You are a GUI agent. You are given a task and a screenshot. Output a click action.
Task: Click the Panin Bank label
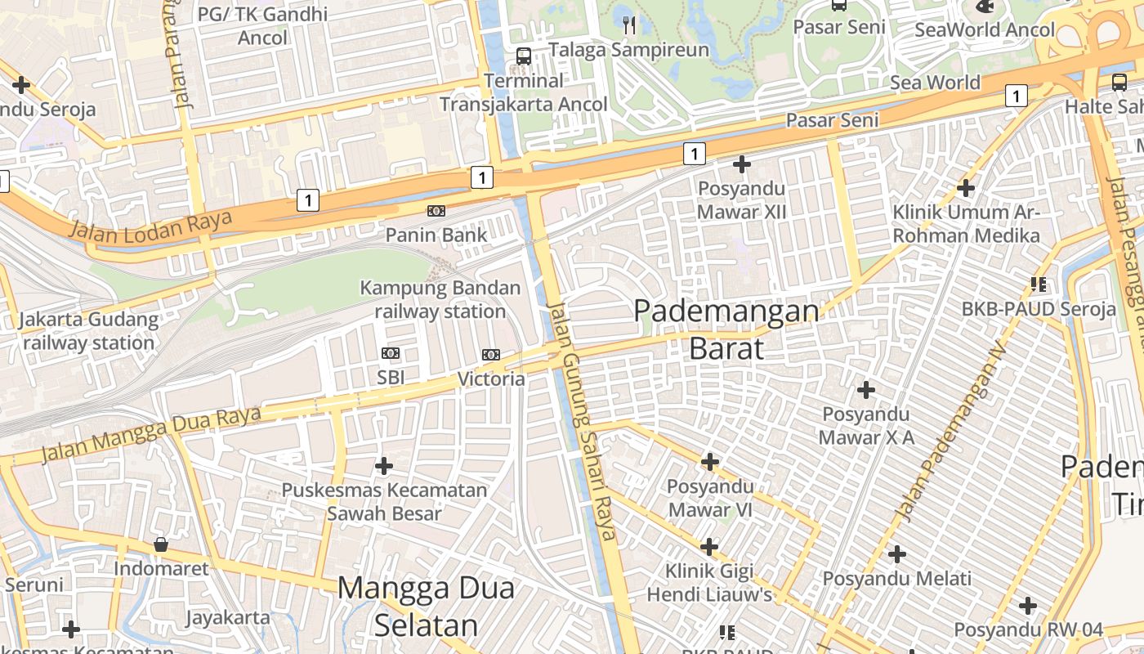coord(436,235)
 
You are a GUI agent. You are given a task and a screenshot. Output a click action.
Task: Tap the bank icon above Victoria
coord(491,355)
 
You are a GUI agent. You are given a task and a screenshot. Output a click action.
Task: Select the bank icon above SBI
coord(391,353)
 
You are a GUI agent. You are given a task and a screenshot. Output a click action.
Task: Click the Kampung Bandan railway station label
coord(440,299)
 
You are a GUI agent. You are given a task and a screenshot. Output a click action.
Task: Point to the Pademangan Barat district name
coord(726,329)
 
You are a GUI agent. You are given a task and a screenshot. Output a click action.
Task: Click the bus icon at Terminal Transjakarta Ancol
coord(524,56)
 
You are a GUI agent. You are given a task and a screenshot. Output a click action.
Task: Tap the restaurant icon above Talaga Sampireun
coord(628,25)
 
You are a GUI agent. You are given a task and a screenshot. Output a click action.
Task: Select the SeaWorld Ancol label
coord(985,30)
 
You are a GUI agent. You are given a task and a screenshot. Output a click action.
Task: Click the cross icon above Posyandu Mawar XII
coord(742,164)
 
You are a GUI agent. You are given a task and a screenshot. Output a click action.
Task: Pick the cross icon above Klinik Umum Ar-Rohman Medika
coord(966,188)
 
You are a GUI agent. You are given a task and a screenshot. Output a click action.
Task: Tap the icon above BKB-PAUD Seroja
coord(1039,284)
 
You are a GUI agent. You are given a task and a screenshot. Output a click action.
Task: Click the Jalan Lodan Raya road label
coord(150,226)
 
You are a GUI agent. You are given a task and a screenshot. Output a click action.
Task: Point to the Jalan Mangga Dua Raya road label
coord(151,434)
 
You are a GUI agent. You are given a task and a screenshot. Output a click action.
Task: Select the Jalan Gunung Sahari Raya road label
coord(581,421)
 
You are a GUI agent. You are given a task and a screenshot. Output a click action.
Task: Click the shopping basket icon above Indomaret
coord(161,544)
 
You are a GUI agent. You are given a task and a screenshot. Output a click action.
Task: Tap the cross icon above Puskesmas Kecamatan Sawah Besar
coord(384,466)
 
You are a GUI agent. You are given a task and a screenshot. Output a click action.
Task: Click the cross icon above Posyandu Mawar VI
coord(710,462)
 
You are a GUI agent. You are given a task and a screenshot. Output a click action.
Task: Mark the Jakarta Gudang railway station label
coord(89,331)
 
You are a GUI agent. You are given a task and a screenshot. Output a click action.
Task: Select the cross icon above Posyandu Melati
coord(897,554)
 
